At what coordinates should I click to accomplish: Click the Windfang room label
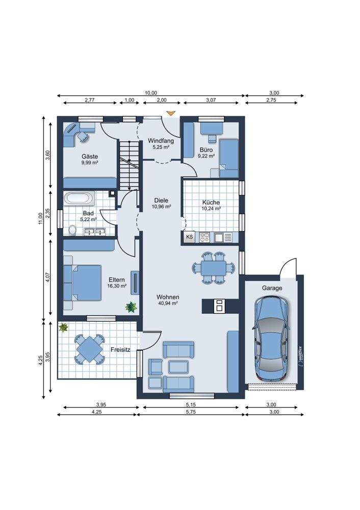161,141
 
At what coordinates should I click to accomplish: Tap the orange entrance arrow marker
171,113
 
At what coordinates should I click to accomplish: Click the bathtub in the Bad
80,199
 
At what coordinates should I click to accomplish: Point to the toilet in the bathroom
72,231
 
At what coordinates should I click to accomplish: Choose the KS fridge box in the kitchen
190,237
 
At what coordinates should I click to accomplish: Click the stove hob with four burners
205,237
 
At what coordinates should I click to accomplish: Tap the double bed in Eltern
83,283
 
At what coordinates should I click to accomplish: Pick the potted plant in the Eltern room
131,307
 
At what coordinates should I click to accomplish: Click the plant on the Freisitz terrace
63,327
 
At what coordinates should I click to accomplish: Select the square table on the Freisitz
89,349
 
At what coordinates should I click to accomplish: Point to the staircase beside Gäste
130,165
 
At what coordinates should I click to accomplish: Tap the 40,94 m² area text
167,303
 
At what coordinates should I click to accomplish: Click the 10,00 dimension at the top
151,93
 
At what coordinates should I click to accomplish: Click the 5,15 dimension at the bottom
191,405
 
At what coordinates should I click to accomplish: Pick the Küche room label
211,202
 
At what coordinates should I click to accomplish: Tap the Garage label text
272,288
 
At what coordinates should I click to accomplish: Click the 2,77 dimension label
89,100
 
